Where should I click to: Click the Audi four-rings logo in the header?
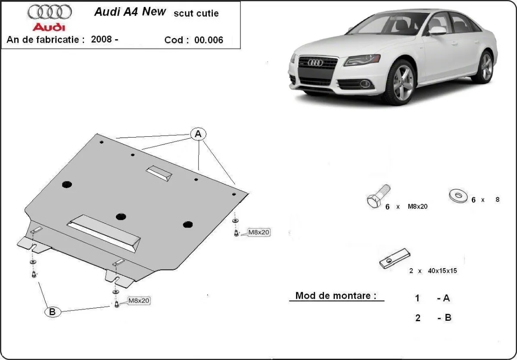click(x=50, y=12)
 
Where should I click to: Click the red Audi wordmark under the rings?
click(x=49, y=27)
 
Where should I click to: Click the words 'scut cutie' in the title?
click(x=196, y=13)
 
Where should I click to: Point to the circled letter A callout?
click(x=198, y=134)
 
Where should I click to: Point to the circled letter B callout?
click(x=53, y=312)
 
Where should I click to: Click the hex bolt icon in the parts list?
click(x=378, y=196)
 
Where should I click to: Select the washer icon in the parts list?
click(x=458, y=196)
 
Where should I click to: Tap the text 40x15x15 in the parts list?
click(x=442, y=271)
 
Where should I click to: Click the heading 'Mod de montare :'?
click(x=336, y=296)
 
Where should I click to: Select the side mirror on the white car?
click(x=437, y=31)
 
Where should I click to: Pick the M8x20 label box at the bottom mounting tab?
click(x=138, y=301)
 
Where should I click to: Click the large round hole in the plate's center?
click(x=121, y=216)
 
